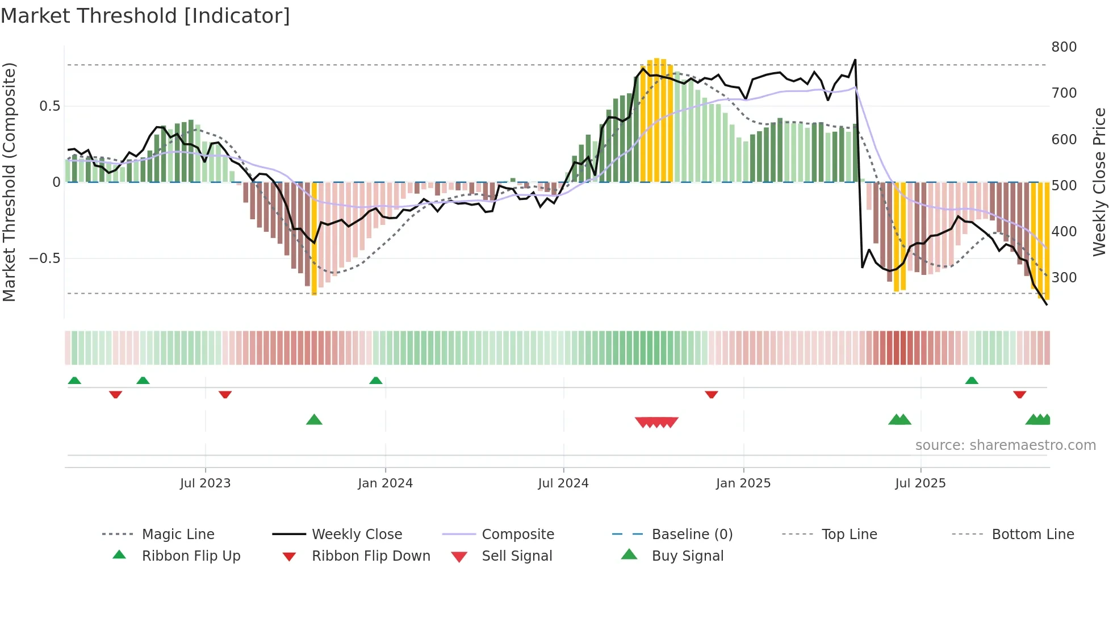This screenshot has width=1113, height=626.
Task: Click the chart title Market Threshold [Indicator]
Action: tap(145, 16)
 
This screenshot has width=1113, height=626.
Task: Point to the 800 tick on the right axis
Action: tap(1064, 47)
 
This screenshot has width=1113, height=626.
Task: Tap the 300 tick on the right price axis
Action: tap(1064, 277)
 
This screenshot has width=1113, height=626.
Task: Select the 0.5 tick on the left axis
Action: tap(49, 106)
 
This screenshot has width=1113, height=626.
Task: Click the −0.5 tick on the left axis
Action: tap(45, 258)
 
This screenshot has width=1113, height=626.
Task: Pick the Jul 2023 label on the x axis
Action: tap(205, 483)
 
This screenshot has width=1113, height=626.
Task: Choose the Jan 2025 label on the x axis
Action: tap(743, 483)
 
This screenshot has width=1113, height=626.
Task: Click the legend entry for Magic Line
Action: tap(178, 535)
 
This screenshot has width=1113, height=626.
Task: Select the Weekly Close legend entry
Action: tap(357, 535)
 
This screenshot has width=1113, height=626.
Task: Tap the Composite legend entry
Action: tap(517, 535)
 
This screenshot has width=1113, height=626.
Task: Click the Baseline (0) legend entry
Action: tap(692, 535)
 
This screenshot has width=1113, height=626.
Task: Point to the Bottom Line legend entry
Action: tap(1032, 535)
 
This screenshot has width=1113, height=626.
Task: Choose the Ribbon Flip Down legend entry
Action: tap(370, 556)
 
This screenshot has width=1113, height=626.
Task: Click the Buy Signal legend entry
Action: tap(687, 556)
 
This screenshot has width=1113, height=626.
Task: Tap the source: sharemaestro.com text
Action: tap(1005, 445)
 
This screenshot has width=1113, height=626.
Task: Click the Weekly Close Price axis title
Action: tap(1099, 182)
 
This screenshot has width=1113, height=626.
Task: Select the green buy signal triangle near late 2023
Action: tap(314, 420)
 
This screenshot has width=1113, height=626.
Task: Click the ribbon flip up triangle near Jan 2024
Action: tap(376, 381)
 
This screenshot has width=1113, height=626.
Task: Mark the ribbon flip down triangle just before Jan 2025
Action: tap(711, 394)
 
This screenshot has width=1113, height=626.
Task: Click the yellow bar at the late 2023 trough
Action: tap(314, 239)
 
